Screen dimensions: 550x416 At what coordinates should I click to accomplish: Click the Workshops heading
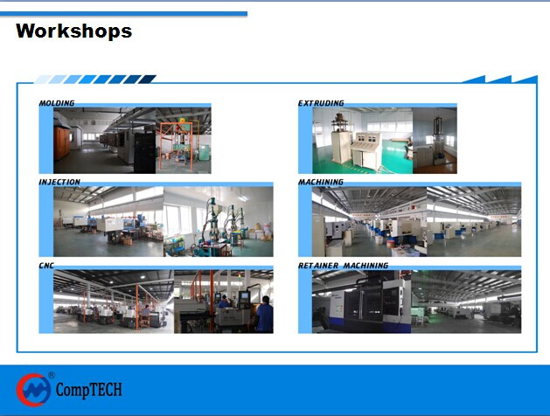(x=74, y=31)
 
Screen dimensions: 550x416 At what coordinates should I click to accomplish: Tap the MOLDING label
(x=57, y=103)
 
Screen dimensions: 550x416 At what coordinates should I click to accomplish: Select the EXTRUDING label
(x=321, y=103)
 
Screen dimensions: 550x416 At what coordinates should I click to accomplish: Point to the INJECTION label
(x=59, y=182)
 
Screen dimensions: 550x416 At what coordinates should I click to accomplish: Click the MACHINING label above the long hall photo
(x=321, y=182)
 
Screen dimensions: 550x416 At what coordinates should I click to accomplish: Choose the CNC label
(x=46, y=266)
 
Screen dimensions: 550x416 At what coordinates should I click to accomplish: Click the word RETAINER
(x=318, y=266)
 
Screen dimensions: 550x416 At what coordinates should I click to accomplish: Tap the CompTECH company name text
(x=89, y=390)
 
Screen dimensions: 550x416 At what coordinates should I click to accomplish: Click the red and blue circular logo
(x=33, y=390)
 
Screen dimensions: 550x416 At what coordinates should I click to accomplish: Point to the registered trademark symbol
(x=52, y=375)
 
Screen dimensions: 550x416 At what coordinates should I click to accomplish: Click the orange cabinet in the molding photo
(x=62, y=142)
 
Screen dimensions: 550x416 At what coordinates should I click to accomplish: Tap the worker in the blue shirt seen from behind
(x=265, y=315)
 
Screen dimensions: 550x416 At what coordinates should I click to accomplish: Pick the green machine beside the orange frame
(x=204, y=152)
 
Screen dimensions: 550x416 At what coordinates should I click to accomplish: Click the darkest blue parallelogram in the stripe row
(x=147, y=80)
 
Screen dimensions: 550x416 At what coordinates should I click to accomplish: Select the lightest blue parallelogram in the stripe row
(x=42, y=80)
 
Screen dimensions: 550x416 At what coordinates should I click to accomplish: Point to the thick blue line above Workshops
(x=123, y=14)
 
